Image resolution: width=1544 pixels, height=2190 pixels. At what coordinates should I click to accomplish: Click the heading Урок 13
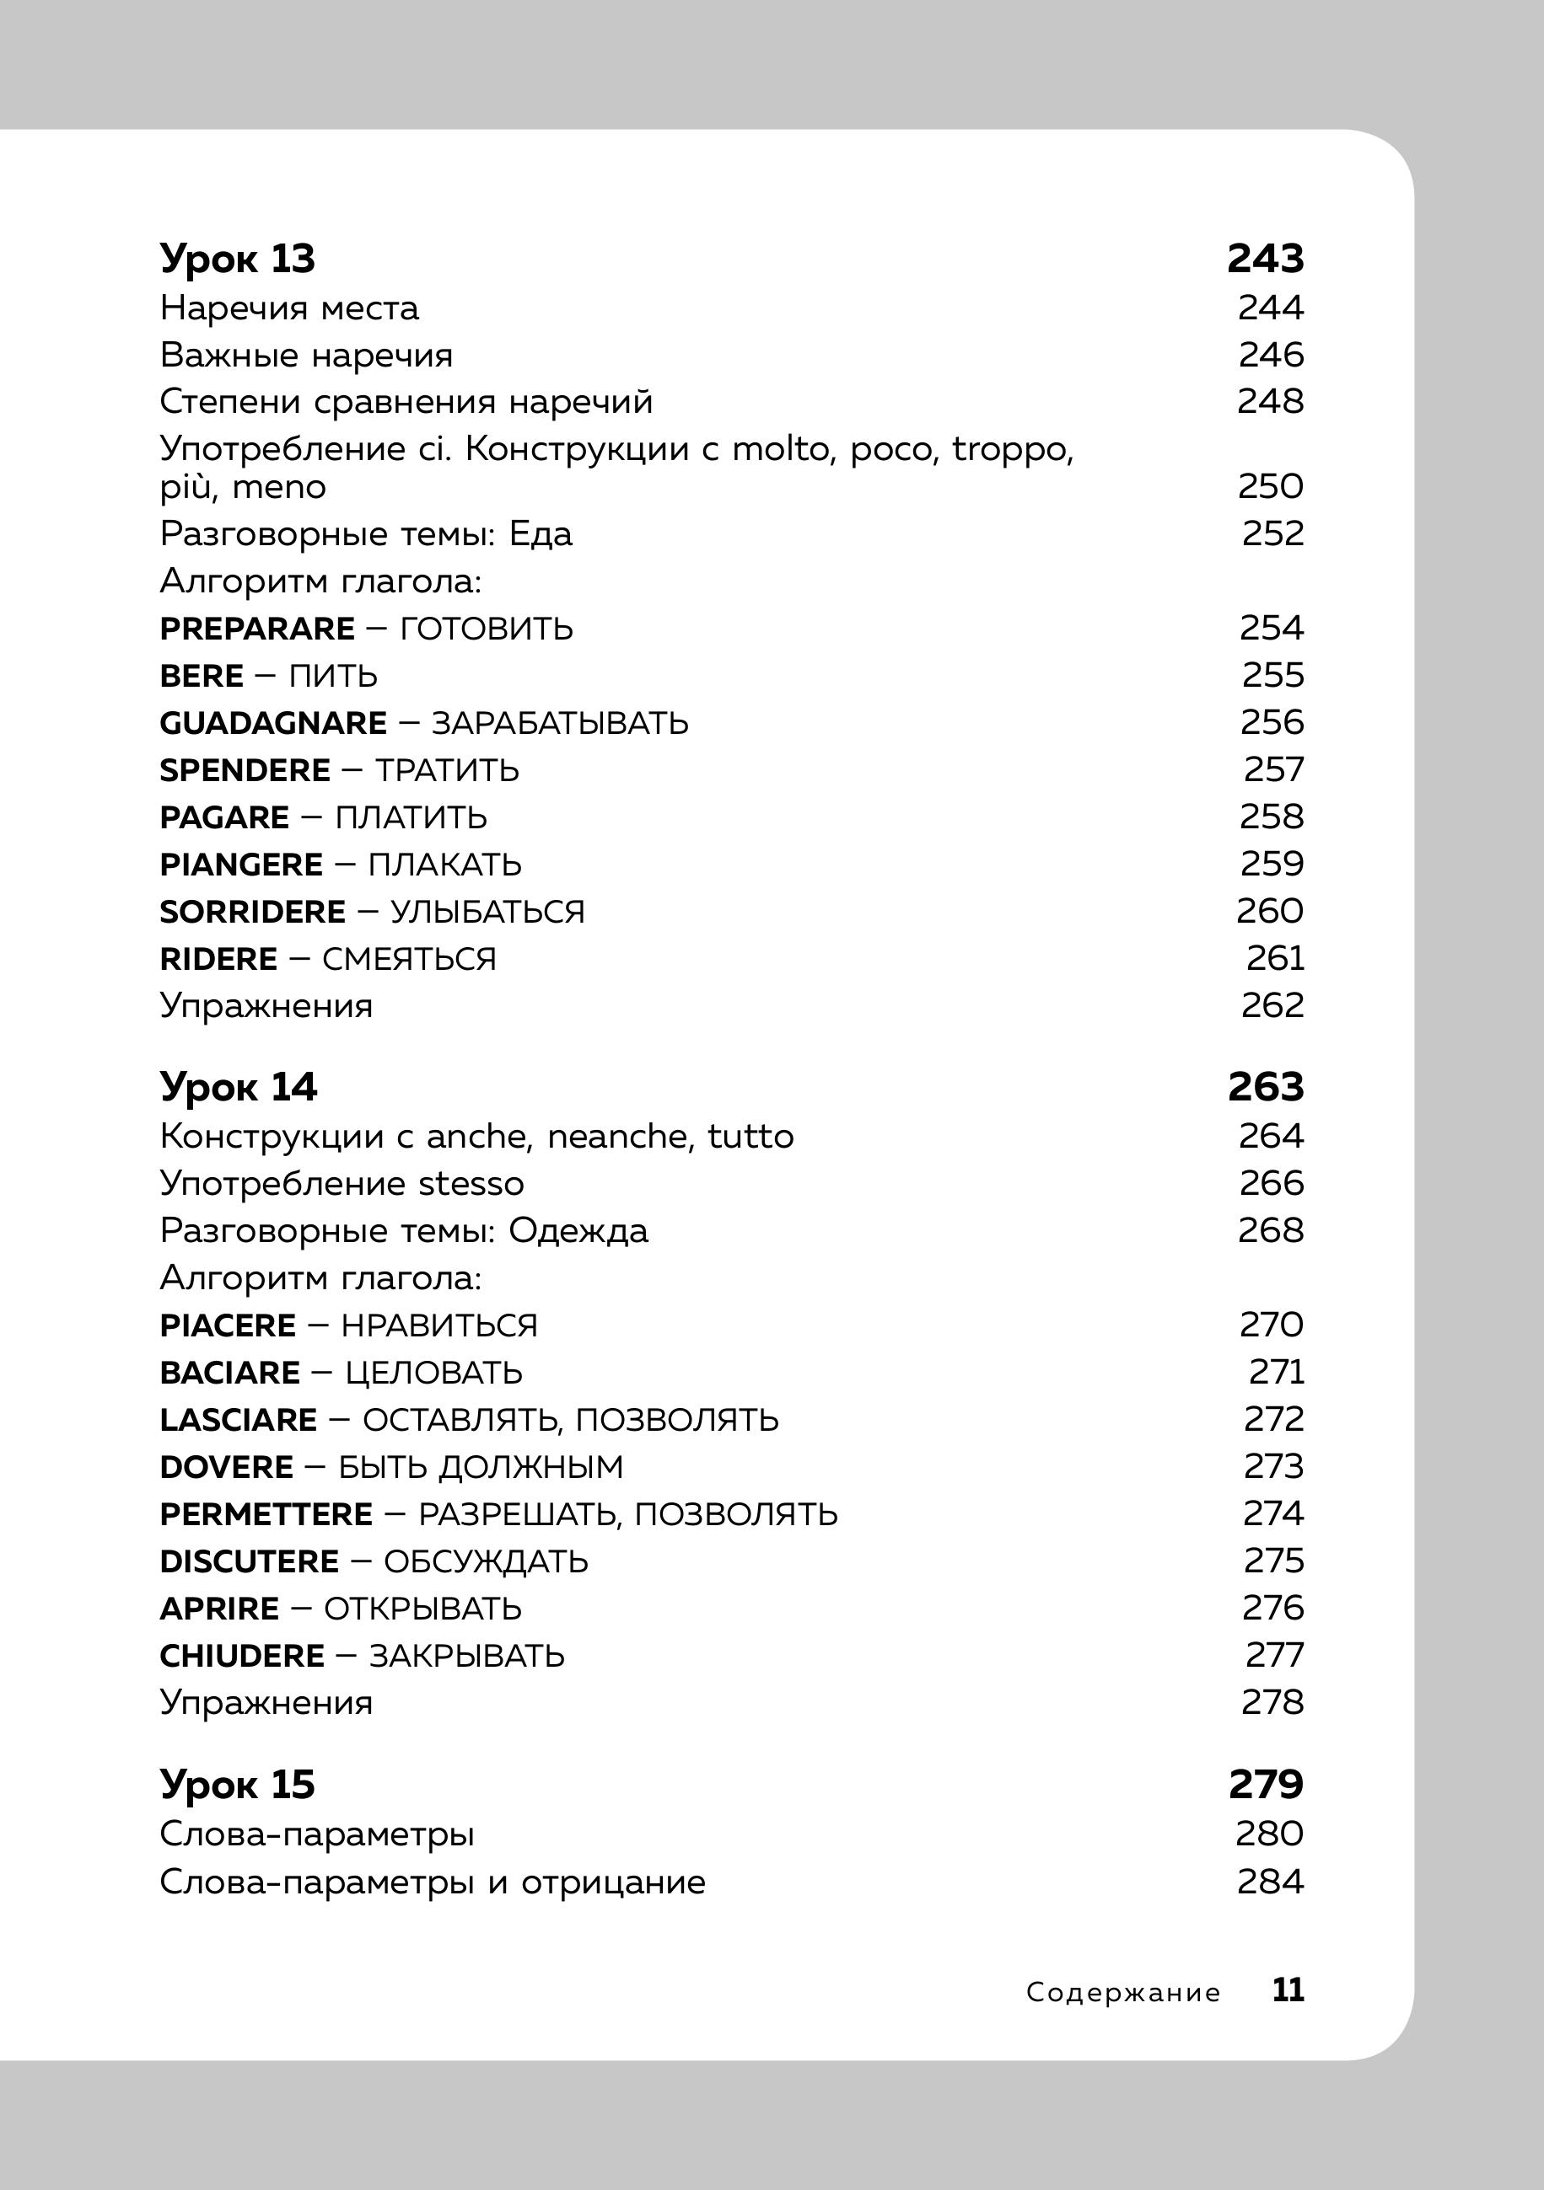[237, 259]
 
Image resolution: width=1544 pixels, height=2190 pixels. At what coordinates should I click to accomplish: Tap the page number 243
[1264, 259]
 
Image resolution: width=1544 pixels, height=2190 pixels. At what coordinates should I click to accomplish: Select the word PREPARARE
[256, 629]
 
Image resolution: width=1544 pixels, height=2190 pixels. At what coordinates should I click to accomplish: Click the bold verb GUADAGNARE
[273, 723]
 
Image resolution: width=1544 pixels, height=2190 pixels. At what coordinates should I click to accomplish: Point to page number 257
[1273, 769]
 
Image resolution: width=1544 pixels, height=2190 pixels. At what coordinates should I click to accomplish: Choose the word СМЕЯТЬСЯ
[408, 959]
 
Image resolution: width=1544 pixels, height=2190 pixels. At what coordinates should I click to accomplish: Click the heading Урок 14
[238, 1087]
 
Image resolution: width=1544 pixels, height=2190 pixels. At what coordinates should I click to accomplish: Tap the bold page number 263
[1264, 1087]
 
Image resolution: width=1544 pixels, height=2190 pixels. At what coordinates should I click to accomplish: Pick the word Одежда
[578, 1230]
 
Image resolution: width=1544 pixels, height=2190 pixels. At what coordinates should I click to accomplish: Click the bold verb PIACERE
[228, 1325]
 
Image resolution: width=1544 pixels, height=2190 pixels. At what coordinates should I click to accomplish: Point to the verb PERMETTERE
[266, 1513]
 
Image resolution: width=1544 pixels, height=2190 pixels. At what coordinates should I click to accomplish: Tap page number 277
[1274, 1655]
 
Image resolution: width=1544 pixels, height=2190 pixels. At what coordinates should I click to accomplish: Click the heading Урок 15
[237, 1785]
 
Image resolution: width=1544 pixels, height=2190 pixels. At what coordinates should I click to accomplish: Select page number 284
[1270, 1882]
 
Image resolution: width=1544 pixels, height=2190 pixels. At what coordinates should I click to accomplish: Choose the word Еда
[541, 534]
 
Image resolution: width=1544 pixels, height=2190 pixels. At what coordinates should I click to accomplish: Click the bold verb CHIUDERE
[242, 1656]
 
